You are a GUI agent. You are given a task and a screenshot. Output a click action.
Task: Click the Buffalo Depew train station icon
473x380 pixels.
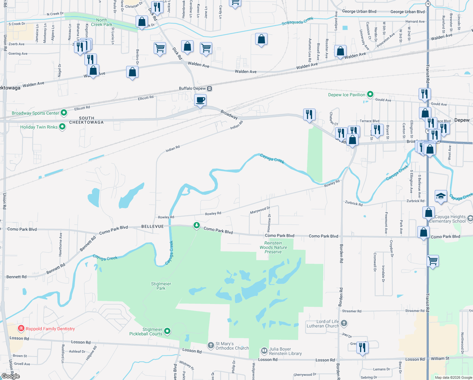[x=209, y=89]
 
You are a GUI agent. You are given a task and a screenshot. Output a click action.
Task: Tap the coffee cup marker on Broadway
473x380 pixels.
[x=200, y=100]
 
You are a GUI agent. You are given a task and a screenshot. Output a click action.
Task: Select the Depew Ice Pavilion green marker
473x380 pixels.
[x=370, y=94]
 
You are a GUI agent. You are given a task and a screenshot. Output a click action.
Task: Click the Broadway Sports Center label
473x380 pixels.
[x=35, y=113]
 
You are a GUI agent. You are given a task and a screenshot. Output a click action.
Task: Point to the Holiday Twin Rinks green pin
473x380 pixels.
[x=62, y=127]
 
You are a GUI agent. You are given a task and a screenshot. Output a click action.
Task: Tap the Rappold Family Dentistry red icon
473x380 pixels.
[x=21, y=328]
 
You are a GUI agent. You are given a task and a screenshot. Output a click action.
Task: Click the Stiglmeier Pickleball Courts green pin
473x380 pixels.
[x=167, y=331]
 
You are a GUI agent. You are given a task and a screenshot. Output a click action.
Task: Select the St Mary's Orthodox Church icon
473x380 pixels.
[x=211, y=345]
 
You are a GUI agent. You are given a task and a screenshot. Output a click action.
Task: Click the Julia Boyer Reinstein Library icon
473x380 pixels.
[x=264, y=351]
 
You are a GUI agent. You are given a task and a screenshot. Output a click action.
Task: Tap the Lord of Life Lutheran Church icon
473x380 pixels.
[x=344, y=323]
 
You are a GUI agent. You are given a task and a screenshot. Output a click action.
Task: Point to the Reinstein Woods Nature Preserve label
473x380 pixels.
[x=273, y=248]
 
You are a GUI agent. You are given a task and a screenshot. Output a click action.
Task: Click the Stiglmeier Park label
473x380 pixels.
[x=161, y=286]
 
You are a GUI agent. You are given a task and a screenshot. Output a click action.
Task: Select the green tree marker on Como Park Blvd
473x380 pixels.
[x=197, y=225]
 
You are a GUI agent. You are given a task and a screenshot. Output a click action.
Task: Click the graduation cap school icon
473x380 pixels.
[x=441, y=196]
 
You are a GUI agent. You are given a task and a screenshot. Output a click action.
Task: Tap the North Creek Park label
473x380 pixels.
[x=101, y=22]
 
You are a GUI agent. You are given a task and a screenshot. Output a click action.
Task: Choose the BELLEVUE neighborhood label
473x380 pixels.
[x=152, y=226]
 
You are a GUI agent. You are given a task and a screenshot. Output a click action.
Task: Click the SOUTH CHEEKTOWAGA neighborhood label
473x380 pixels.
[x=86, y=120]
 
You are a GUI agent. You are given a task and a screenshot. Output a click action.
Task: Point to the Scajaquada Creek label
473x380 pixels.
[x=298, y=21]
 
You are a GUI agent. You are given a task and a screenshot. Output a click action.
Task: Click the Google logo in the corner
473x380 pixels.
[x=10, y=376]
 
